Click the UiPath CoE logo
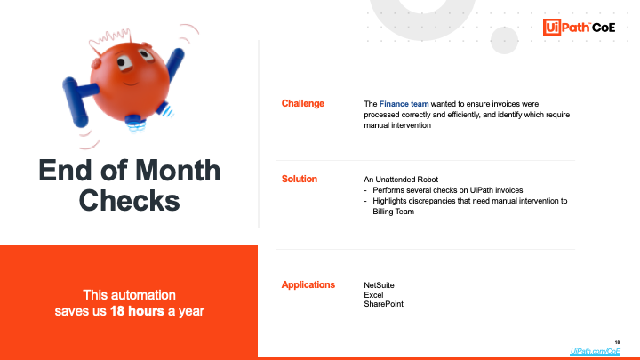579,28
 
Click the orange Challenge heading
303,104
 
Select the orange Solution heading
300,180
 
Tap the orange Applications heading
308,285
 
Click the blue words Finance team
404,104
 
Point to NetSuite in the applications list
379,285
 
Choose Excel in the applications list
373,295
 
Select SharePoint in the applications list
383,304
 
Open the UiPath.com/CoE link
595,351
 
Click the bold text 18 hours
137,311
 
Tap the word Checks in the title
130,200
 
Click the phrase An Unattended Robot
401,180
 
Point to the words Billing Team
393,212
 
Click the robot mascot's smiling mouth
131,84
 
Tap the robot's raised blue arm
175,65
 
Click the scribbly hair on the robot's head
109,40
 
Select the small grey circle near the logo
504,40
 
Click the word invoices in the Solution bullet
509,190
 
